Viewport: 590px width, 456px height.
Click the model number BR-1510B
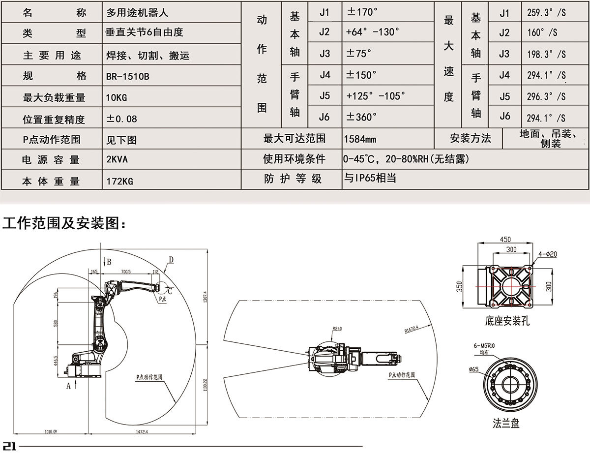(x=127, y=77)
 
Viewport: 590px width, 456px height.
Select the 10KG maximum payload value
(x=117, y=97)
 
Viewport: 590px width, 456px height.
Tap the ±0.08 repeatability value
(x=122, y=119)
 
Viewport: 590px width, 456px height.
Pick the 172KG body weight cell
(x=120, y=182)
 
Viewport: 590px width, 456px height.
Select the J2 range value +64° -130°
(x=373, y=32)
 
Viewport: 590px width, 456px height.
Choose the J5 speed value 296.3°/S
(x=546, y=97)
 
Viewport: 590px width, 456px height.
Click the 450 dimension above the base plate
(x=505, y=240)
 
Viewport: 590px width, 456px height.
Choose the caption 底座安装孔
(x=506, y=322)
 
